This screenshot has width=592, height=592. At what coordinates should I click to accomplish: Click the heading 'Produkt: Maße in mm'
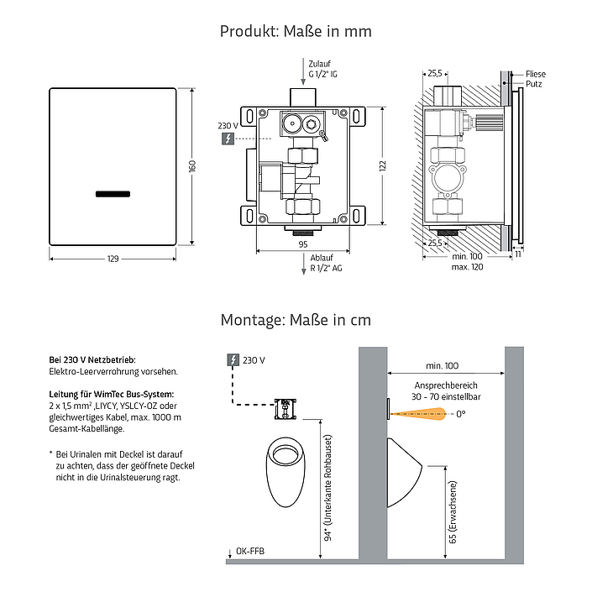click(x=296, y=31)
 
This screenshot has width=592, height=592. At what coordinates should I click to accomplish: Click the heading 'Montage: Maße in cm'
click(x=296, y=320)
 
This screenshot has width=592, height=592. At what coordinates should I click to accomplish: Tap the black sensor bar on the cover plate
click(x=113, y=194)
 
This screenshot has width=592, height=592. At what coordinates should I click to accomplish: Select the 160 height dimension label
click(x=192, y=166)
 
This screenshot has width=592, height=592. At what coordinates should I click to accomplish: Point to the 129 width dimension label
click(x=113, y=259)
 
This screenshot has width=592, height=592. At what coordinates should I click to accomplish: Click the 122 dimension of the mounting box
click(x=383, y=165)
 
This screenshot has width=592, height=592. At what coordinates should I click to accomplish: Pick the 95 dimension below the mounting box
click(x=303, y=244)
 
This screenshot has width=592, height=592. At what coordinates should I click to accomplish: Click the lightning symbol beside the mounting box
click(x=228, y=139)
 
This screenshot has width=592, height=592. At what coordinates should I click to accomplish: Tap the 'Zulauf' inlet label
click(x=319, y=64)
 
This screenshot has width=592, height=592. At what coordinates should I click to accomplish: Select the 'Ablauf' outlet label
click(x=322, y=258)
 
